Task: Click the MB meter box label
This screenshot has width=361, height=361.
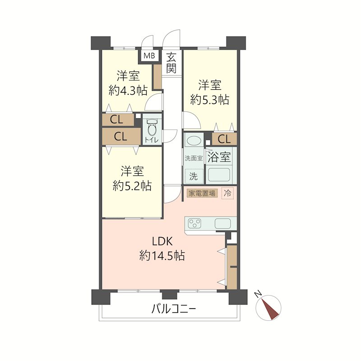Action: click(x=149, y=56)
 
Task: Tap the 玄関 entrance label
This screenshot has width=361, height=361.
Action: click(x=171, y=63)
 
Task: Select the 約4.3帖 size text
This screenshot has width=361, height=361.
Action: click(x=128, y=92)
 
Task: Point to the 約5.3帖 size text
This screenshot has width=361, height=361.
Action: click(x=210, y=100)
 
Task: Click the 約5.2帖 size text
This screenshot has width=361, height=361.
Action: click(x=132, y=185)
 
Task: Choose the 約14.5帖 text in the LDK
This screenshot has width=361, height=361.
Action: click(x=162, y=255)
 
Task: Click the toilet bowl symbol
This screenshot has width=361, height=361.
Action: click(x=152, y=127)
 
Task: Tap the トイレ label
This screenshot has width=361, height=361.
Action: click(x=152, y=140)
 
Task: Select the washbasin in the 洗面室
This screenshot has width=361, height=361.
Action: click(x=194, y=141)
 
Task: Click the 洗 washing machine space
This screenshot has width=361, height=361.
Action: click(x=194, y=176)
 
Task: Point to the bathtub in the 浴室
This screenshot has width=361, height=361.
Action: click(x=219, y=175)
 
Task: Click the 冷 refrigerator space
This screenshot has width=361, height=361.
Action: click(x=227, y=193)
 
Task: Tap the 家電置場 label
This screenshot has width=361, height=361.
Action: click(x=202, y=193)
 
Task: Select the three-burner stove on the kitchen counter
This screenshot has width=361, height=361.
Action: click(x=194, y=223)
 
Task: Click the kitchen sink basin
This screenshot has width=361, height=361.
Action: click(x=222, y=223)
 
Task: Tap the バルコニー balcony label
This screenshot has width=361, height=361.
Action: click(x=174, y=309)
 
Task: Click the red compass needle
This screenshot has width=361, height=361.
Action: click(x=270, y=309)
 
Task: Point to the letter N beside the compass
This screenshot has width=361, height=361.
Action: click(x=258, y=294)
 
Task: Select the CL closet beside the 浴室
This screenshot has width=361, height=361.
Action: click(x=224, y=139)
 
